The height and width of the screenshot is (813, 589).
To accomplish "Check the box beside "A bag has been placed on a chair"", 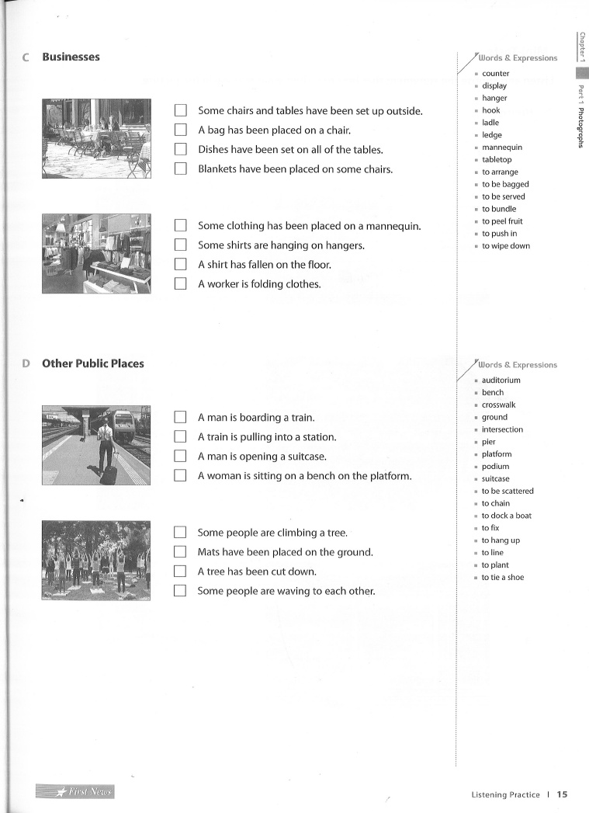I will (181, 130).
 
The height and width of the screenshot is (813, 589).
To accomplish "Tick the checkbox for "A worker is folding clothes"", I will (181, 283).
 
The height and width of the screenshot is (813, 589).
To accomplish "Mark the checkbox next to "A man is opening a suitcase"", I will (181, 456).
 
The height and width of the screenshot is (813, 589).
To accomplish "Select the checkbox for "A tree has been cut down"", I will (181, 571).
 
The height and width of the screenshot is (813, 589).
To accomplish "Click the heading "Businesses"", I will (71, 57).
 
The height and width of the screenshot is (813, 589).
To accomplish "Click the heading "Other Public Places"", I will (92, 363).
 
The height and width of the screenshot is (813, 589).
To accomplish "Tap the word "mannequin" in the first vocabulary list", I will (502, 148).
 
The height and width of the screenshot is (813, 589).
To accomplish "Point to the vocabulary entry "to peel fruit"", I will (502, 221).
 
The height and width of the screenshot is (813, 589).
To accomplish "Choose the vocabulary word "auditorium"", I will (501, 380).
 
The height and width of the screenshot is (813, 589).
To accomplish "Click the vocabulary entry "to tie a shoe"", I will (502, 578).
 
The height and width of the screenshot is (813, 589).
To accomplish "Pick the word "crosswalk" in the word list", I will (498, 405).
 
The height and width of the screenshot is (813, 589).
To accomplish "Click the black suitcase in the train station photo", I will (109, 473).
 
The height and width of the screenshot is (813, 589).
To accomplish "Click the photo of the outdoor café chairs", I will (95, 138).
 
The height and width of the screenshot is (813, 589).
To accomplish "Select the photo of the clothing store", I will (95, 254).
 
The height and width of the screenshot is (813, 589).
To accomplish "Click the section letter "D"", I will (26, 363).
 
